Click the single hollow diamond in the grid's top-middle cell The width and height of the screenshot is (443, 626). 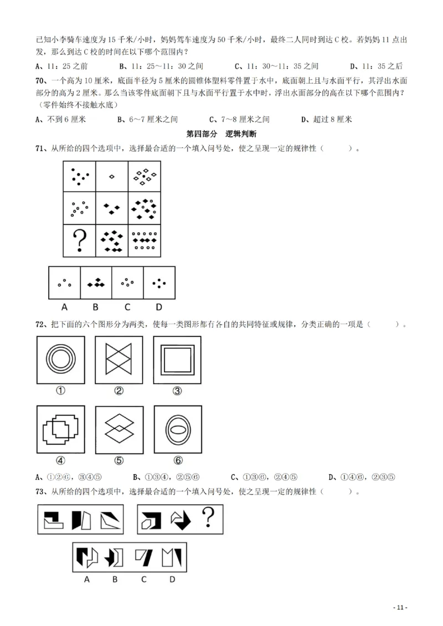[x=112, y=177]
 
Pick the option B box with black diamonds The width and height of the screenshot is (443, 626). [x=96, y=283]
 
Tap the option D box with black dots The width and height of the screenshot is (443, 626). [x=159, y=283]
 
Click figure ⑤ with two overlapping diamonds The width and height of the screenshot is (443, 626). [x=119, y=430]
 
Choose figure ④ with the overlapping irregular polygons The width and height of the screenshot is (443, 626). [x=60, y=430]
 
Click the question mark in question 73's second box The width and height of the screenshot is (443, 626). [x=208, y=519]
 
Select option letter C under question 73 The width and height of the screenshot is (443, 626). [x=144, y=579]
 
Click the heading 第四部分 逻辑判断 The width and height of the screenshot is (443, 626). [x=221, y=134]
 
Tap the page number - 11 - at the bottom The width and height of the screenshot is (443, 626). [x=400, y=607]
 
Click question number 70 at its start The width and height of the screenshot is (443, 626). [x=40, y=80]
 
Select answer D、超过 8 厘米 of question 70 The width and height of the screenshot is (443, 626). [x=326, y=119]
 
